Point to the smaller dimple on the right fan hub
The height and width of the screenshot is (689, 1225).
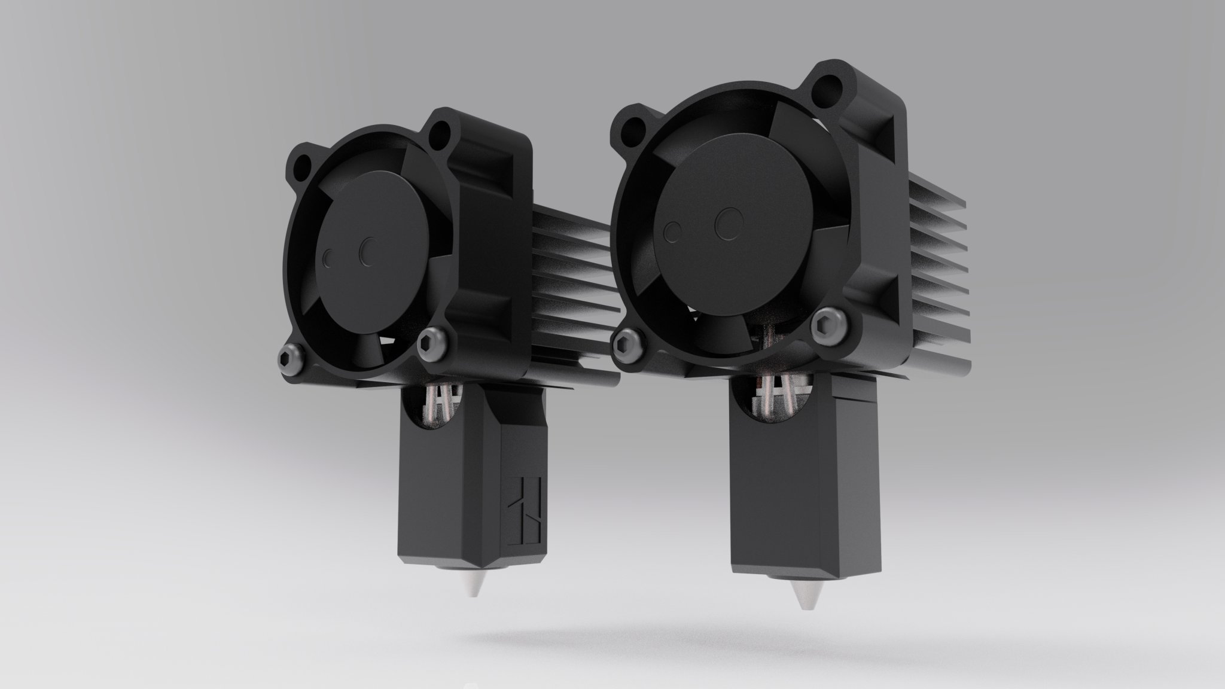pos(673,231)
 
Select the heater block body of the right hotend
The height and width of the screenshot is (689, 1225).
pos(784,478)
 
